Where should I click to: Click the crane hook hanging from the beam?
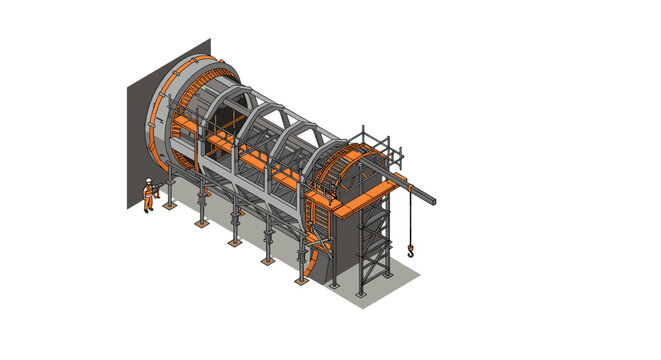[410, 254]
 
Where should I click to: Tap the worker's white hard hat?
[148, 178]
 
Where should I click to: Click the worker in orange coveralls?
[148, 194]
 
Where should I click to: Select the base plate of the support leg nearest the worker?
[170, 206]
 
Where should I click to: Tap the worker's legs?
[148, 204]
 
